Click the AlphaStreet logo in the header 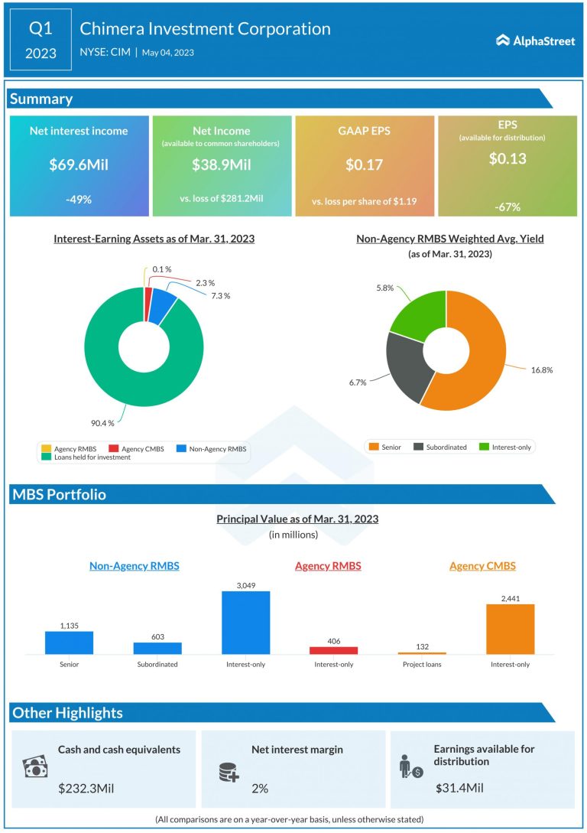535,41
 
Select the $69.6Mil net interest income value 79,165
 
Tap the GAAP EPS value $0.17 364,165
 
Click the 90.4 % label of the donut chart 102,423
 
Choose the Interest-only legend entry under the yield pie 508,447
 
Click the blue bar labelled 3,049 245,623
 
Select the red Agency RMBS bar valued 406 333,650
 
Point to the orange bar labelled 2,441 510,629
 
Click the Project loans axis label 422,665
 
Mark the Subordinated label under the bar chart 157,665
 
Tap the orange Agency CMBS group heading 482,566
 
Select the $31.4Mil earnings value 460,788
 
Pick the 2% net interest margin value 260,788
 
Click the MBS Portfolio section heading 60,494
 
